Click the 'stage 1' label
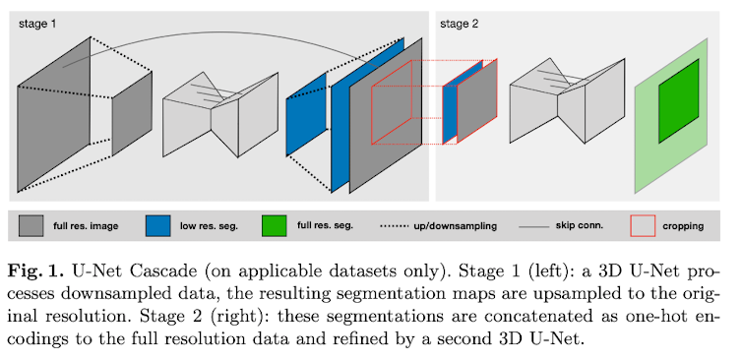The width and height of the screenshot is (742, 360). (x=37, y=25)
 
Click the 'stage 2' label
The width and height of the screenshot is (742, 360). (x=459, y=25)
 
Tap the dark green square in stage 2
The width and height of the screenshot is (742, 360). (x=679, y=100)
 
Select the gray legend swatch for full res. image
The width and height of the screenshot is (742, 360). (x=31, y=225)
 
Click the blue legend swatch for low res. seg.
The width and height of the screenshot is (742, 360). (x=158, y=225)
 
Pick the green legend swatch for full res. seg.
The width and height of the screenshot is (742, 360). (x=274, y=225)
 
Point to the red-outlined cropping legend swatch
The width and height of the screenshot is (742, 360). (x=643, y=225)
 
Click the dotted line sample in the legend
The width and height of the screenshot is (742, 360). (x=394, y=226)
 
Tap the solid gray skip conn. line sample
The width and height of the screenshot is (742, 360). (x=533, y=226)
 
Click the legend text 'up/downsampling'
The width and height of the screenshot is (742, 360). (x=459, y=226)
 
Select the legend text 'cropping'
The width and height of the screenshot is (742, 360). (x=683, y=226)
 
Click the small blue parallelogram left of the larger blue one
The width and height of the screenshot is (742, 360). (x=306, y=114)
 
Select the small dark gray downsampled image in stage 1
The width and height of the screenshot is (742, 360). (x=132, y=114)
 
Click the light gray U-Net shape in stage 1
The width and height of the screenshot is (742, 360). (x=220, y=114)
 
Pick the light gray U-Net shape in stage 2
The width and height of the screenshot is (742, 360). (x=568, y=100)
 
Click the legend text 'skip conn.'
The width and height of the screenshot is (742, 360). (x=580, y=225)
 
